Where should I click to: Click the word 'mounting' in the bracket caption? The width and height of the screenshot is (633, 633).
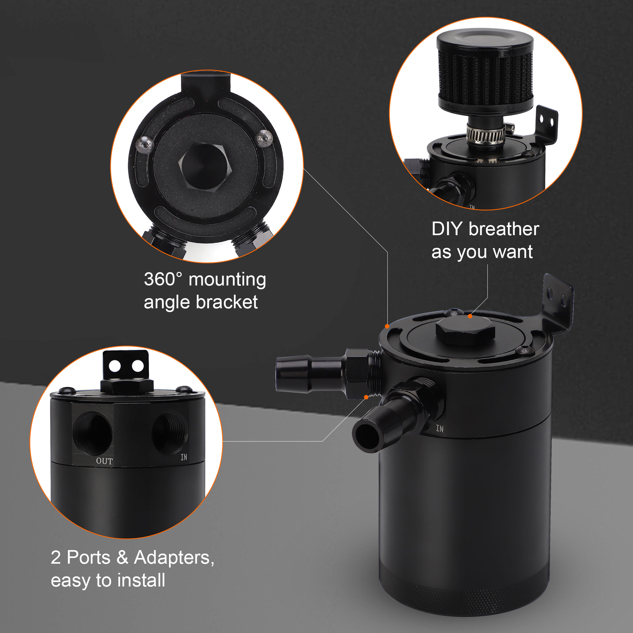[x=227, y=280]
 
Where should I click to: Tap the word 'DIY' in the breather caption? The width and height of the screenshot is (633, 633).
[x=447, y=229]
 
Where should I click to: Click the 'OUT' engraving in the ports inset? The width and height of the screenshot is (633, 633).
[x=104, y=461]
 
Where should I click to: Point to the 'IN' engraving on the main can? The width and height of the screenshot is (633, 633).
[x=440, y=429]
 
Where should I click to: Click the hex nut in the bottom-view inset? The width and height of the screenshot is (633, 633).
[x=205, y=166]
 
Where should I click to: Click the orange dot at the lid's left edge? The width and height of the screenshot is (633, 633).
[x=387, y=326]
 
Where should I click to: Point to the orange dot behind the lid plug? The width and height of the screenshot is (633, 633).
[x=470, y=316]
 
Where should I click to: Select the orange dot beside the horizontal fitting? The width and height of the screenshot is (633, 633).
[x=366, y=397]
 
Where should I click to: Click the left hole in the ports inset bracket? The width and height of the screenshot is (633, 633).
[x=115, y=366]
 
